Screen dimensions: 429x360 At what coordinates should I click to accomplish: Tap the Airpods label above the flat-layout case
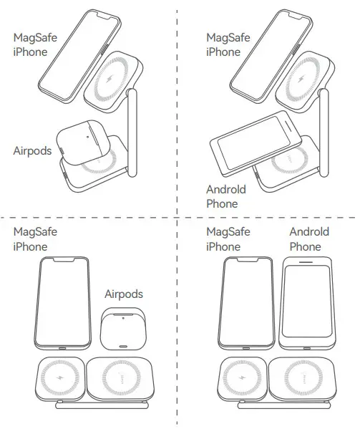pos(124,294)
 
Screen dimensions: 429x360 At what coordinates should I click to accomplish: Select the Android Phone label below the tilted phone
pos(226,196)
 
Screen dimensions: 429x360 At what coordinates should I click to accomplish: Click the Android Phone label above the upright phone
pos(309,239)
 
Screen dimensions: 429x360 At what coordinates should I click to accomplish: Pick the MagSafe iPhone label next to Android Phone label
pos(228,239)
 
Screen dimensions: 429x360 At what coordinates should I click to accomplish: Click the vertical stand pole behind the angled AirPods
pos(131,132)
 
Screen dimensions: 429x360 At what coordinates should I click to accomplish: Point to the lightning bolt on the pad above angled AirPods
pos(112,82)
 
